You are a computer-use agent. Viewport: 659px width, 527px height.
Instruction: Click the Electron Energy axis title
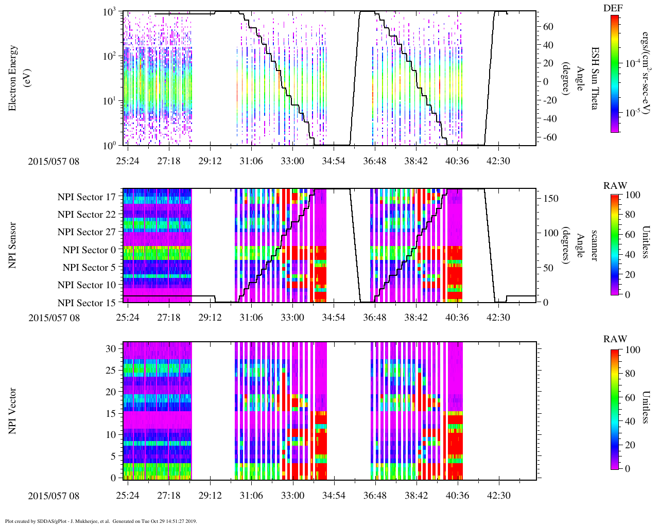point(13,78)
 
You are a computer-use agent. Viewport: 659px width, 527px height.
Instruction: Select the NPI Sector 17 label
point(86,197)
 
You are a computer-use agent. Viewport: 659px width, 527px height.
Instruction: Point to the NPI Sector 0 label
point(89,250)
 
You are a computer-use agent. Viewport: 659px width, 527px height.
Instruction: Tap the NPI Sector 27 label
point(86,232)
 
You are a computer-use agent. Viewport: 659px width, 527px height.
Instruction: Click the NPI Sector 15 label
point(86,303)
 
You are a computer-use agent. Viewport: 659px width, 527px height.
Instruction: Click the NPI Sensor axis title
point(12,245)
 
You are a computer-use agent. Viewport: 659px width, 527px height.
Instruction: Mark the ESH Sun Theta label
point(594,78)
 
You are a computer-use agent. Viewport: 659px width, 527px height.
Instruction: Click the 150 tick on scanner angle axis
point(551,198)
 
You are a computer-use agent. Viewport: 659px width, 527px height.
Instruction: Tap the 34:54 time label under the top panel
point(334,161)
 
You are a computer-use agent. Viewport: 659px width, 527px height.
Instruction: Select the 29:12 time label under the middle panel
point(210,318)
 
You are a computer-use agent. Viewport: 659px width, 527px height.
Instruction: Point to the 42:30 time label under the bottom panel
point(498,496)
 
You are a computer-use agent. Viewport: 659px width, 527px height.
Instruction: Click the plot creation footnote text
point(101,521)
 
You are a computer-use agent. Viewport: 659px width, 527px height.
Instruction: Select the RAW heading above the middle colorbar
point(615,186)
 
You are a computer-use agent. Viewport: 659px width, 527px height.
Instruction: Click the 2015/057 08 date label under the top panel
point(54,161)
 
